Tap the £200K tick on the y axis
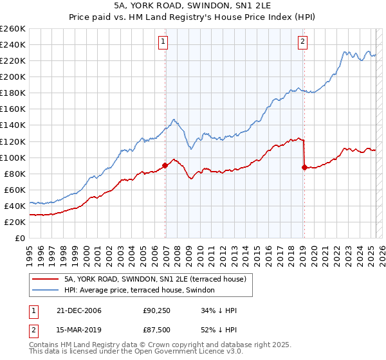pyautogui.click(x=12, y=76)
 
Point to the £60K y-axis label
pyautogui.click(x=14, y=190)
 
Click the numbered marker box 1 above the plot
pyautogui.click(x=163, y=42)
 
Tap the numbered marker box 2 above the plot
pyautogui.click(x=302, y=42)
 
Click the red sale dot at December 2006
pyautogui.click(x=165, y=165)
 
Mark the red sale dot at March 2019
pyautogui.click(x=304, y=167)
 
